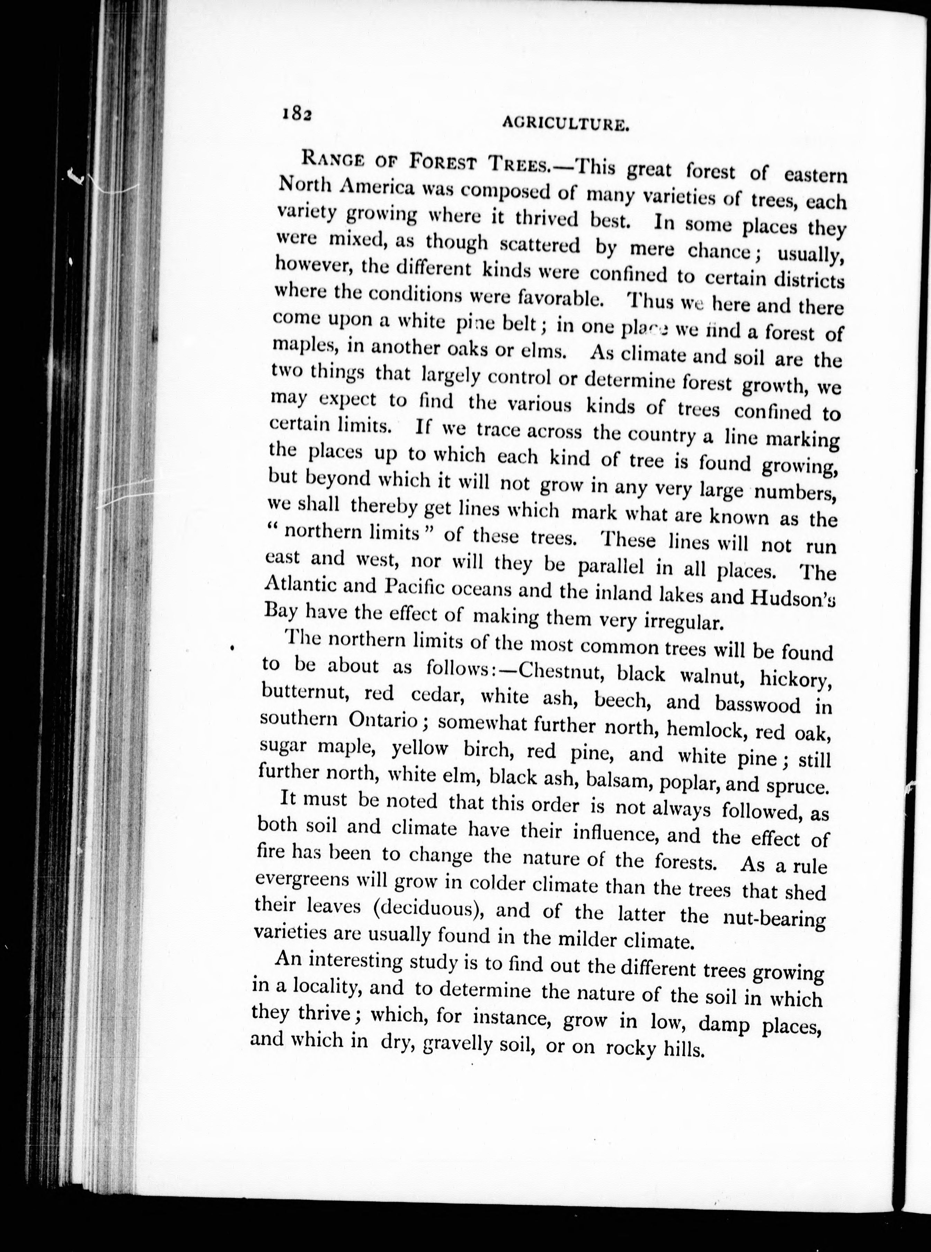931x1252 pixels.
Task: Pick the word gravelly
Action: pyautogui.click(x=471, y=1045)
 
